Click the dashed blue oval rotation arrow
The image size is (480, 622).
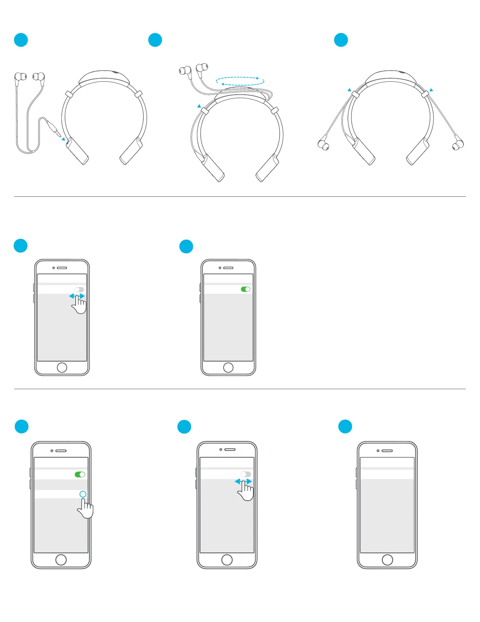240,81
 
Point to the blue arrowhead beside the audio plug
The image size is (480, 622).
63,139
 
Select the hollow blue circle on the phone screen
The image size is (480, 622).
83,494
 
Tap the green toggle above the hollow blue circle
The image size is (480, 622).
80,474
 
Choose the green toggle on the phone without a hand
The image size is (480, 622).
245,289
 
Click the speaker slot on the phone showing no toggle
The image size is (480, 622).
387,450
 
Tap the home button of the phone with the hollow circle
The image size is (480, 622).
61,560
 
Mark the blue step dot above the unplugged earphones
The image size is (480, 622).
21,40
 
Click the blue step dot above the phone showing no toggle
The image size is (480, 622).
345,426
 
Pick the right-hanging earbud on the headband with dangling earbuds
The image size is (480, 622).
458,144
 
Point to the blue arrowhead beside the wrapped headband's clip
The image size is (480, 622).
199,106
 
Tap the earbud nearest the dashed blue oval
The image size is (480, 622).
202,68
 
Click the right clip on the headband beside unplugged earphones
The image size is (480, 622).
138,94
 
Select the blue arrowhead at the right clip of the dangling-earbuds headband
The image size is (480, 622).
431,90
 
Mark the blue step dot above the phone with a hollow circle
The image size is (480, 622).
22,426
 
